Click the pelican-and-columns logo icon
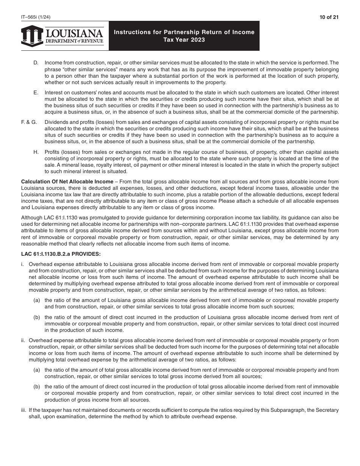pyautogui.click(x=32, y=36)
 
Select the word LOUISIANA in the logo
pyautogui.click(x=74, y=33)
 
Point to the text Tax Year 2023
pyautogui.click(x=184, y=40)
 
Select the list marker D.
pyautogui.click(x=36, y=63)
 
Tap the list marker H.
pyautogui.click(x=36, y=152)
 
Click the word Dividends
pyautogui.click(x=56, y=122)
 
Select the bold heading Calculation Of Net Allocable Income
pyautogui.click(x=67, y=182)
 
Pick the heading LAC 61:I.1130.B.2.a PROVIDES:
pyautogui.click(x=61, y=254)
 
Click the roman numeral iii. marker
pyautogui.click(x=23, y=410)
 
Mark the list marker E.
pyautogui.click(x=36, y=92)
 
